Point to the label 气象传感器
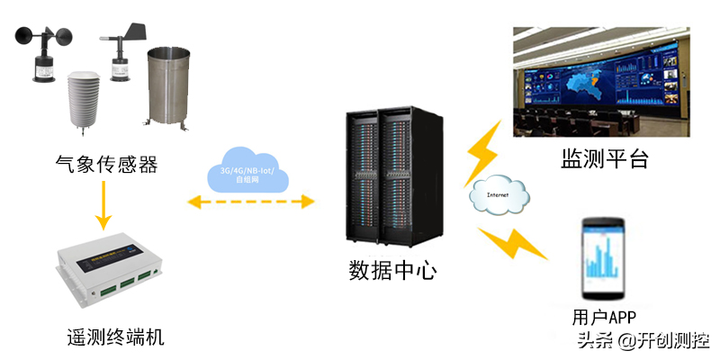(x=106, y=165)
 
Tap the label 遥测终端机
(x=116, y=338)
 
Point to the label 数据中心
(x=392, y=269)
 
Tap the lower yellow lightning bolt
(x=511, y=241)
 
